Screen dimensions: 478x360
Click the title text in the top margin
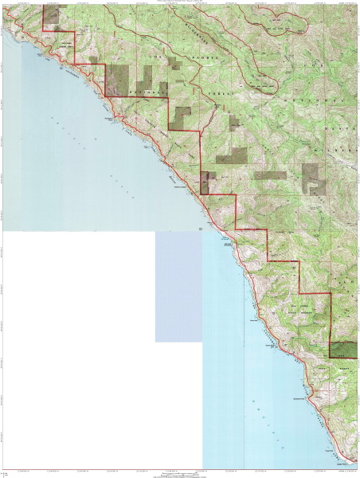(x=180, y=2)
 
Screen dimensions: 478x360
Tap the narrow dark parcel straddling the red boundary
(x=205, y=182)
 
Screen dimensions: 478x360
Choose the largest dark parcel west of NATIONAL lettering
(x=118, y=78)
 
